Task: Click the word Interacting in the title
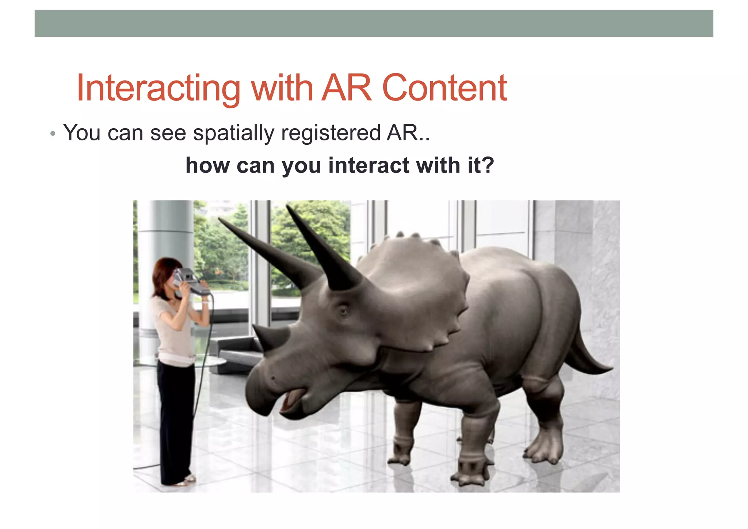(158, 88)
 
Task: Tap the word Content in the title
(444, 88)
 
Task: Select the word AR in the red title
(346, 88)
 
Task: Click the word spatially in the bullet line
(233, 133)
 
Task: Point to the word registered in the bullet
(331, 133)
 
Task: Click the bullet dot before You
(53, 134)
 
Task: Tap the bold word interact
(369, 166)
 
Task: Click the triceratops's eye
(343, 311)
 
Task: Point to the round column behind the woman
(166, 234)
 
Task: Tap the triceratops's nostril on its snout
(272, 377)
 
